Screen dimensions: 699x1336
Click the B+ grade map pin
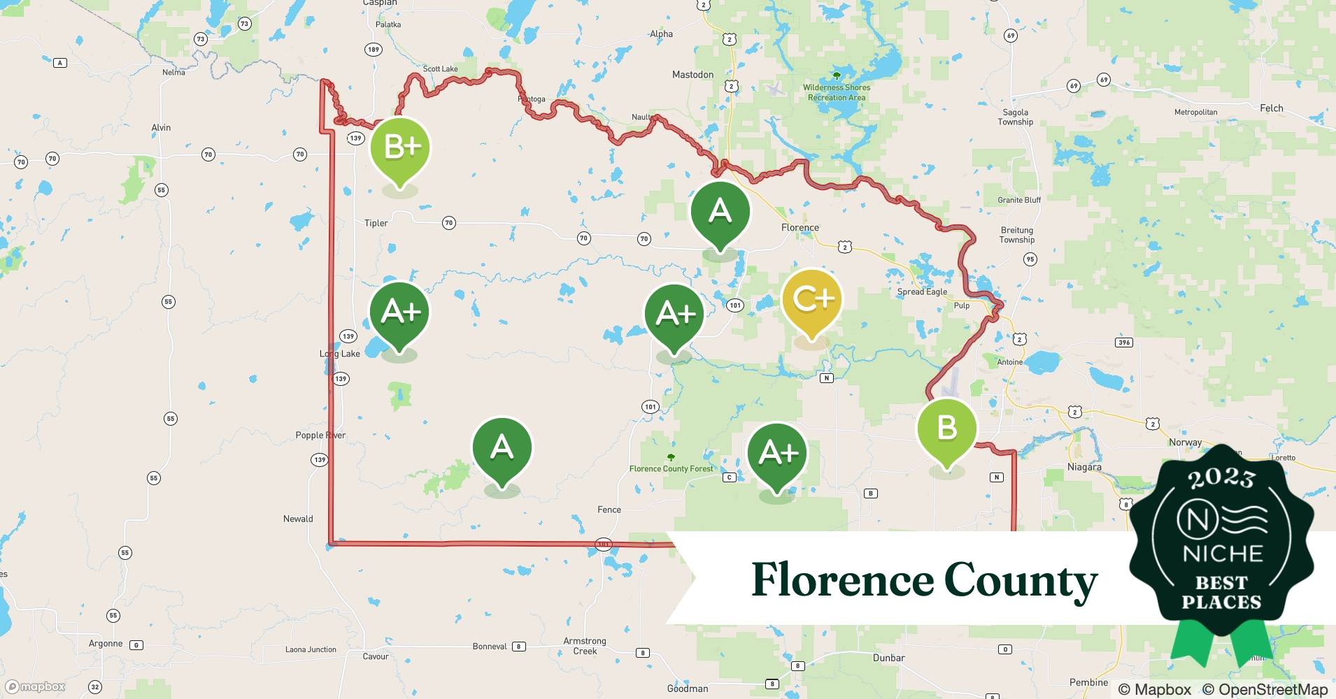pos(399,148)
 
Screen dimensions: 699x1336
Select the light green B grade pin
pos(946,428)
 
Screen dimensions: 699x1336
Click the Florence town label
pos(800,228)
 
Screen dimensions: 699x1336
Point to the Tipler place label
pos(376,223)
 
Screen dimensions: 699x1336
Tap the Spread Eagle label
pos(922,292)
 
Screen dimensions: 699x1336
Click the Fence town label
pos(609,510)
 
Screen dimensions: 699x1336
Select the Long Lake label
pos(340,354)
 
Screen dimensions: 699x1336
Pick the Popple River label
pos(320,435)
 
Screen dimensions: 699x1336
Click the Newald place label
pos(298,519)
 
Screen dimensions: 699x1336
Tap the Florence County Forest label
pos(671,468)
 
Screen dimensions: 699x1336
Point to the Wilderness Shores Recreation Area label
pos(837,92)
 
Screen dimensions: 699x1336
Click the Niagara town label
pos(1084,467)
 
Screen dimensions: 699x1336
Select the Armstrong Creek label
pos(585,646)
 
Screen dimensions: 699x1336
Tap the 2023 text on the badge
pos(1221,478)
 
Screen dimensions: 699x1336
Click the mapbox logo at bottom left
pos(36,686)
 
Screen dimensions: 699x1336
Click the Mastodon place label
pos(692,75)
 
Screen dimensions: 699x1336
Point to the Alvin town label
pos(161,127)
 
